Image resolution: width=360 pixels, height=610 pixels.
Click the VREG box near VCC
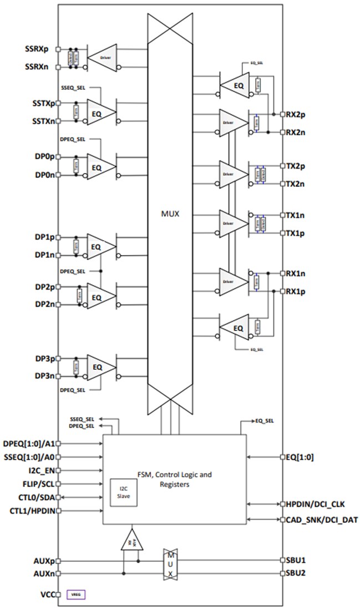click(x=76, y=594)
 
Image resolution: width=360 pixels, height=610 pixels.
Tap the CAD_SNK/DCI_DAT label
click(x=321, y=520)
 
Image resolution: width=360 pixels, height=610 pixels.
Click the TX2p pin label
click(x=297, y=166)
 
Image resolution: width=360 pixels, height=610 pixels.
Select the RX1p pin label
click(x=297, y=291)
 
